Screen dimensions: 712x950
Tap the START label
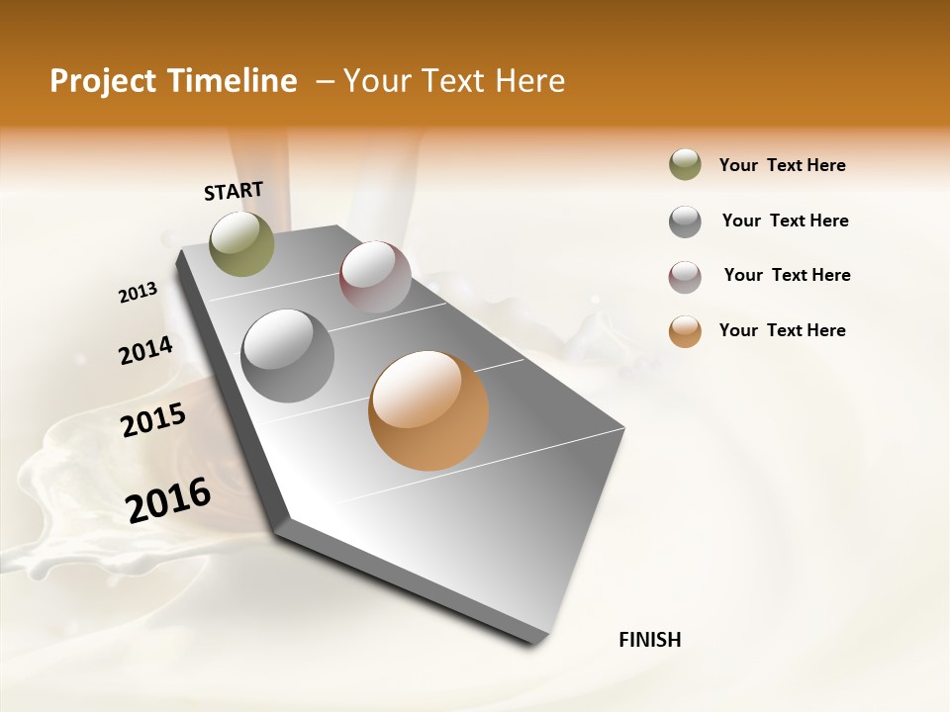[x=234, y=190]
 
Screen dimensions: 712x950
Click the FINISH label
[x=649, y=640]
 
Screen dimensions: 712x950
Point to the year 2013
[x=139, y=292]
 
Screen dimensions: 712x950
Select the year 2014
[x=145, y=350]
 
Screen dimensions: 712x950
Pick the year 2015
[x=153, y=420]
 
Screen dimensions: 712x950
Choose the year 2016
[x=168, y=499]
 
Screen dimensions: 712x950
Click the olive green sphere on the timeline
[x=242, y=243]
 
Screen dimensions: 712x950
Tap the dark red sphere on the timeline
[x=375, y=276]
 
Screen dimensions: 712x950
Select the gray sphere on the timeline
[x=288, y=356]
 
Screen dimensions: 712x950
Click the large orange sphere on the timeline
[x=428, y=410]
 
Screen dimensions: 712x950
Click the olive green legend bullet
[x=685, y=165]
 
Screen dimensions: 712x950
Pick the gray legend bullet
[x=685, y=222]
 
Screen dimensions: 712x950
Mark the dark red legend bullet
[x=685, y=277]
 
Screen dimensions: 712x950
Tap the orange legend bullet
[x=685, y=331]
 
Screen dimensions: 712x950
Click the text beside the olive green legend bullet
[x=782, y=165]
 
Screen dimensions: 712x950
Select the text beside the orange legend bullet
[x=782, y=330]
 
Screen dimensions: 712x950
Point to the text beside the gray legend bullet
[x=785, y=221]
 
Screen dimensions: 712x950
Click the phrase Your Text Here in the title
[x=454, y=81]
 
